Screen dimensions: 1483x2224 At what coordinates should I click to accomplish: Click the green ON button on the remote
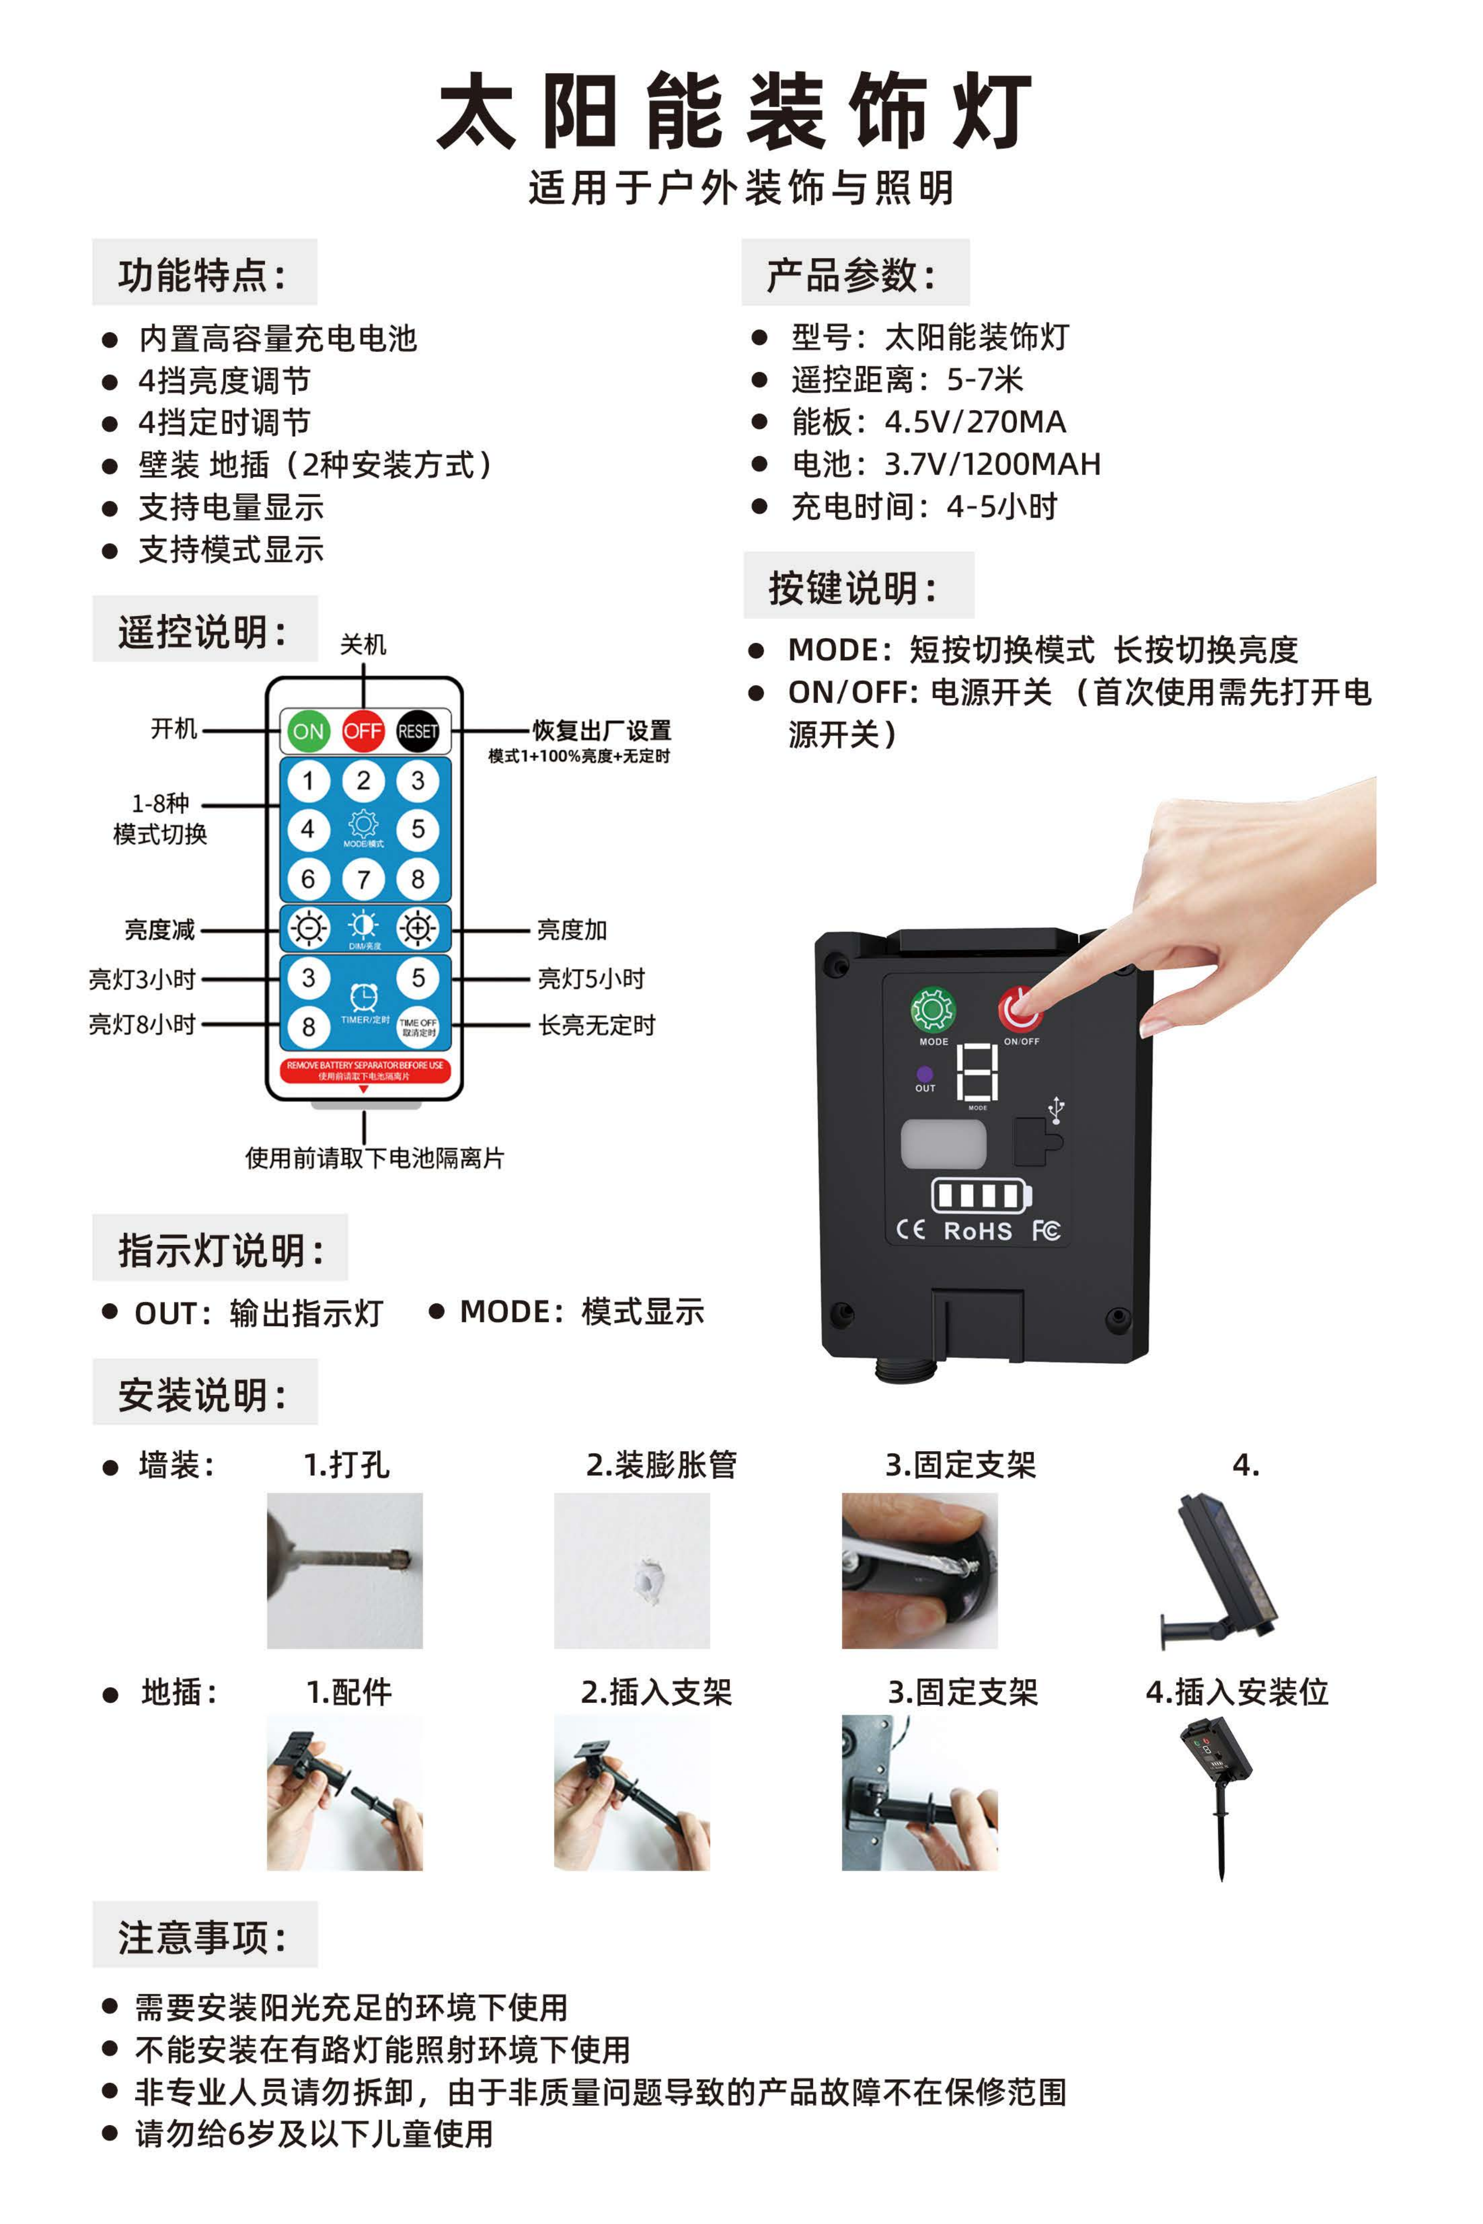[308, 731]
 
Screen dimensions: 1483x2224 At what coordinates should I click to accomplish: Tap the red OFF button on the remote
[363, 731]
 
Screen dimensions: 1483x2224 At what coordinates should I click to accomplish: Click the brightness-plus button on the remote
[417, 929]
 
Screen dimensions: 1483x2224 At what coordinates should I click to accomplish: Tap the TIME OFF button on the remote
[417, 1027]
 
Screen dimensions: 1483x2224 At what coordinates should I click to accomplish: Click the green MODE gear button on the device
[933, 1010]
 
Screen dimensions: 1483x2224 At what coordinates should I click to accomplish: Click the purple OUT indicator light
[925, 1074]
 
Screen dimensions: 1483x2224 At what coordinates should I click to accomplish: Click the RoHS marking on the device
[978, 1231]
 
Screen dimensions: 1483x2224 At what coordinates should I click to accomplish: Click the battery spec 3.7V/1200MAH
[992, 464]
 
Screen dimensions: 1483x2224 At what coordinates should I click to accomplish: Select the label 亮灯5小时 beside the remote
[591, 979]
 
